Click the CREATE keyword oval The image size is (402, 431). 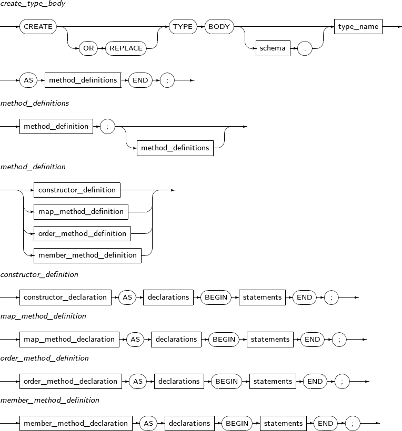point(38,27)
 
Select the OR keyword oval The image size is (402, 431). point(88,48)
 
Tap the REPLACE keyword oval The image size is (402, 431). point(126,48)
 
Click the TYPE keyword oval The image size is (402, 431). point(183,27)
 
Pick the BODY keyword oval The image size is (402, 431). point(219,27)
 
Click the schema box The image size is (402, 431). point(273,48)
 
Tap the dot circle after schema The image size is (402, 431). point(305,48)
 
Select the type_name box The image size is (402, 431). point(358,27)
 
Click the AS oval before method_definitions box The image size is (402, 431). point(28,80)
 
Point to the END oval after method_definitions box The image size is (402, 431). point(140,80)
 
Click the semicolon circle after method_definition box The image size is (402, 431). point(107,127)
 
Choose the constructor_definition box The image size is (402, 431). point(77,190)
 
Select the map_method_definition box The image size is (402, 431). point(81,212)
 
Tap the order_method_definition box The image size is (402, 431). point(82,234)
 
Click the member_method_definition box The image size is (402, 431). point(87,255)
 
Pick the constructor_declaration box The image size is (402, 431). point(65,297)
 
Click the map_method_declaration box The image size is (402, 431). point(69,340)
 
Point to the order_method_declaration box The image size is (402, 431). point(71,382)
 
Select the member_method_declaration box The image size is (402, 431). point(76,423)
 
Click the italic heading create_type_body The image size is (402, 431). point(33,4)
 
